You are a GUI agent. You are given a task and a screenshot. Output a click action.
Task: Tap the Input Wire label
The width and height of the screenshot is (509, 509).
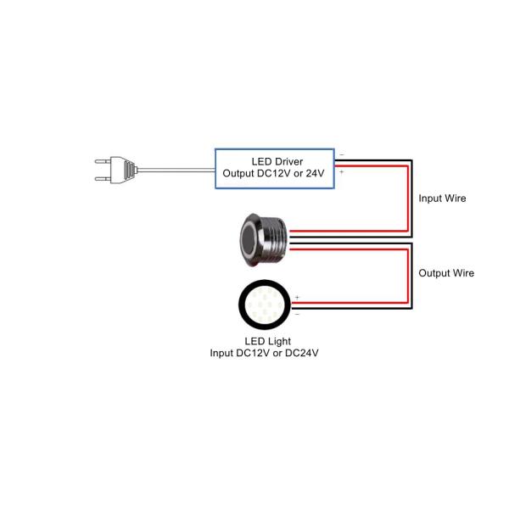coord(442,199)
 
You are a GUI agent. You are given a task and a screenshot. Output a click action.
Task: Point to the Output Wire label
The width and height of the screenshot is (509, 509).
coord(445,273)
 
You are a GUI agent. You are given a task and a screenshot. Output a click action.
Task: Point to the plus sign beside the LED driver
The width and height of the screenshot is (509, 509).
coord(341,172)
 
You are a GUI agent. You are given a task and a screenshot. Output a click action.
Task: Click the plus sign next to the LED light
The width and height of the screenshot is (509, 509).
coord(297,296)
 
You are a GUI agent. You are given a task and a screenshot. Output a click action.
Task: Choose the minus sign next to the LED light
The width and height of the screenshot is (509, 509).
coord(297,313)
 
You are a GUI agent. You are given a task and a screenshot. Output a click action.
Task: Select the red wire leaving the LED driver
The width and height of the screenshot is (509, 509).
coord(373,165)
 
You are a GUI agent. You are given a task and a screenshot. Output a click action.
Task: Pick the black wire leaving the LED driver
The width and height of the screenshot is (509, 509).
coord(373,158)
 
